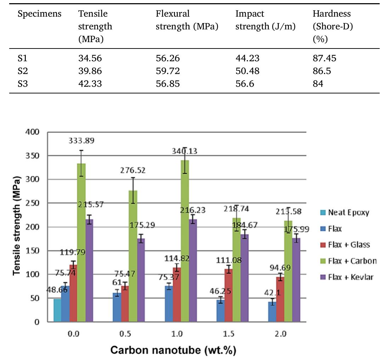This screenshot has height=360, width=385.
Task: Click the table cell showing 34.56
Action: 90,58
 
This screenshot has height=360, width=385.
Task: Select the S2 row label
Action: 22,72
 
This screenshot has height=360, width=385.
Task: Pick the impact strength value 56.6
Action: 245,84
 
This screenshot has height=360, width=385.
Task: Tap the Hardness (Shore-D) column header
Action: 332,26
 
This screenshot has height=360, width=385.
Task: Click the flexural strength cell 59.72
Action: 168,72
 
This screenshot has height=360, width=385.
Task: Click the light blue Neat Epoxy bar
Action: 57,310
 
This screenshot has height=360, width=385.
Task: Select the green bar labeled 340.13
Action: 185,241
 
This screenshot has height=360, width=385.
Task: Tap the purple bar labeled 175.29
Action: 141,280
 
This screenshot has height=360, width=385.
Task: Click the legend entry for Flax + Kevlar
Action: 347,277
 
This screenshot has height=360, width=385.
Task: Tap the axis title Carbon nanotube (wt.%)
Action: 173,350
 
